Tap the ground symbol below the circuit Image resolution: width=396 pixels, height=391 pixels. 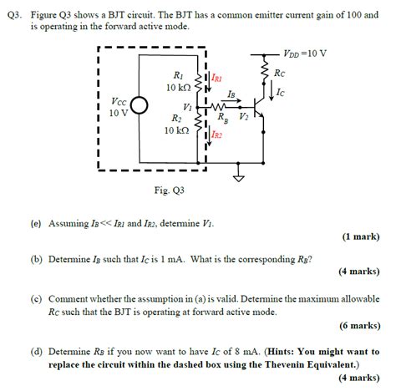coord(240,176)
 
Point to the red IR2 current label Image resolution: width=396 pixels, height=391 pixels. coord(216,134)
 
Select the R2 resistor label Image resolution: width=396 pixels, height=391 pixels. coord(175,118)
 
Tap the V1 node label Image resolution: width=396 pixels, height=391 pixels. coord(187,108)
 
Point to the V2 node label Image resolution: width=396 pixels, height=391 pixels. coord(243,116)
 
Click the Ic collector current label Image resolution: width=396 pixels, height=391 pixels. coord(281,92)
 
